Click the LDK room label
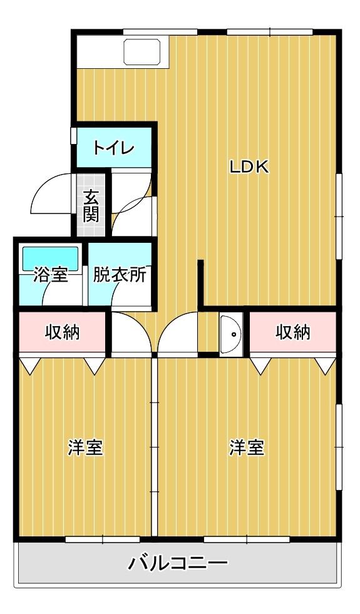point(249,166)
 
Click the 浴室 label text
point(50,275)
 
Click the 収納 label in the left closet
point(62,332)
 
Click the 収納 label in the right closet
point(293,332)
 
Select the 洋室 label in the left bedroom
point(85,448)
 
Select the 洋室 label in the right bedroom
point(247,448)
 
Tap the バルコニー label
point(178,564)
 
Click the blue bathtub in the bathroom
point(50,257)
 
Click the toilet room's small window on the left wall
point(73,136)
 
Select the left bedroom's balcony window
point(94,538)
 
